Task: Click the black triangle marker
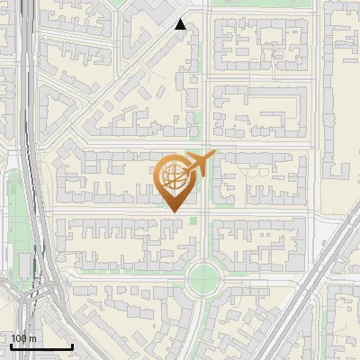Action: pyautogui.click(x=181, y=24)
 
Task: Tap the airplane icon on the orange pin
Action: pyautogui.click(x=201, y=162)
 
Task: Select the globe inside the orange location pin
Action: pyautogui.click(x=174, y=176)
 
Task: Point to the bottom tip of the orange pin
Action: pyautogui.click(x=175, y=212)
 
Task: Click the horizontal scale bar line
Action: pyautogui.click(x=41, y=346)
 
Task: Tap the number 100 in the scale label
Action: pyautogui.click(x=19, y=338)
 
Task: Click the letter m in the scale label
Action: pyautogui.click(x=32, y=338)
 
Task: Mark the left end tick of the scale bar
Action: pyautogui.click(x=11, y=345)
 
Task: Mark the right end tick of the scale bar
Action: pyautogui.click(x=72, y=345)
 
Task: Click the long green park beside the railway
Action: pyautogui.click(x=13, y=216)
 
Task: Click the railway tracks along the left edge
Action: pyautogui.click(x=33, y=135)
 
